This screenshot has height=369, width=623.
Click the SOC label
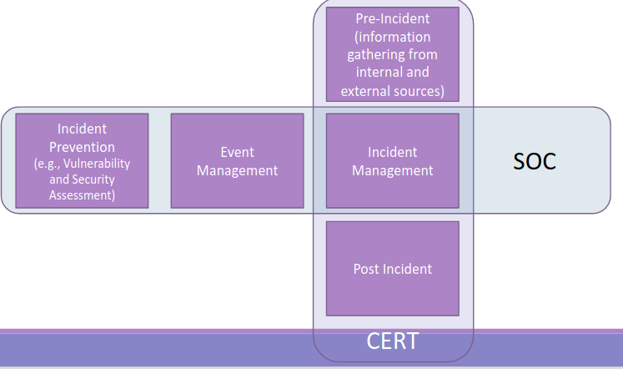(534, 161)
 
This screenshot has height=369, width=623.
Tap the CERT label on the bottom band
(392, 341)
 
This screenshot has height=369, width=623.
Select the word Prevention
(82, 147)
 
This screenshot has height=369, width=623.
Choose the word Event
(237, 153)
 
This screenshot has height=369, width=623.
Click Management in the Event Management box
(237, 170)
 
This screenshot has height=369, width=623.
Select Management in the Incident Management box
(392, 170)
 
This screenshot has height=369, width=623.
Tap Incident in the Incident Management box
(392, 153)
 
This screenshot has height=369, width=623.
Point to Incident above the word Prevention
(82, 129)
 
